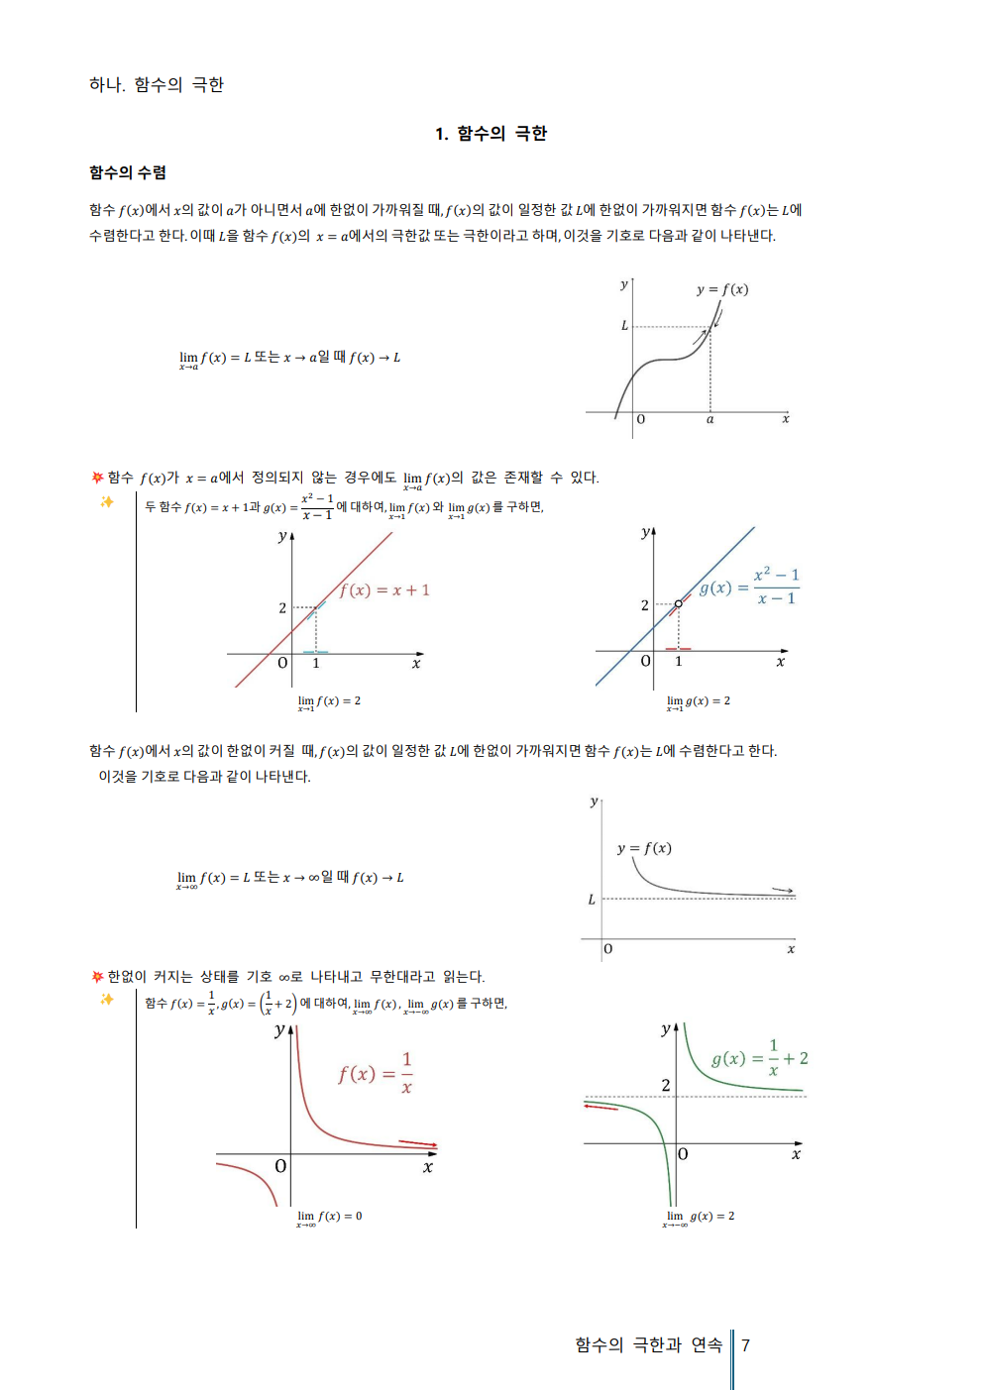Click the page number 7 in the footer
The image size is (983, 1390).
pyautogui.click(x=745, y=1344)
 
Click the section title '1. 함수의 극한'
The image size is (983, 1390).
pyautogui.click(x=491, y=134)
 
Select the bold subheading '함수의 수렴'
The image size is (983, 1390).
pyautogui.click(x=128, y=172)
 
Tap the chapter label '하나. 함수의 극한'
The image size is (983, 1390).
pyautogui.click(x=157, y=84)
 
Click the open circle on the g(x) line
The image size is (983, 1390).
pyautogui.click(x=679, y=603)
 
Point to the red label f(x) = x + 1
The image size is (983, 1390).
pyautogui.click(x=384, y=589)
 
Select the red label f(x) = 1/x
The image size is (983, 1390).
pyautogui.click(x=376, y=1073)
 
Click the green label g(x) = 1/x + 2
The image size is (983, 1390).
pyautogui.click(x=759, y=1058)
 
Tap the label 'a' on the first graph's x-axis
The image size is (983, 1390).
pyautogui.click(x=710, y=419)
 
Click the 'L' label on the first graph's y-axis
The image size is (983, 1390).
pyautogui.click(x=624, y=325)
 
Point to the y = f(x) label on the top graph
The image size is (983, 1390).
pyautogui.click(x=722, y=289)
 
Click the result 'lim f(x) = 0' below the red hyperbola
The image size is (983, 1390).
pyautogui.click(x=330, y=1217)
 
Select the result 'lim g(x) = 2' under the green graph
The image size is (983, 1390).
pyautogui.click(x=700, y=1217)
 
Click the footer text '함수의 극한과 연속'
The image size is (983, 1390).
pyautogui.click(x=648, y=1344)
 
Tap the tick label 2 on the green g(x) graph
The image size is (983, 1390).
pyautogui.click(x=666, y=1085)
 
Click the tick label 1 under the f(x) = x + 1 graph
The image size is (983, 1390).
pyautogui.click(x=316, y=663)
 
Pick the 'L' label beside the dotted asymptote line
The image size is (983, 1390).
pyautogui.click(x=592, y=900)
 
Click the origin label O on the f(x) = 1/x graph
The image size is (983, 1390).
pyautogui.click(x=280, y=1166)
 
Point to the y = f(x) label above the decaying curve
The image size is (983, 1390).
pyautogui.click(x=644, y=848)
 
